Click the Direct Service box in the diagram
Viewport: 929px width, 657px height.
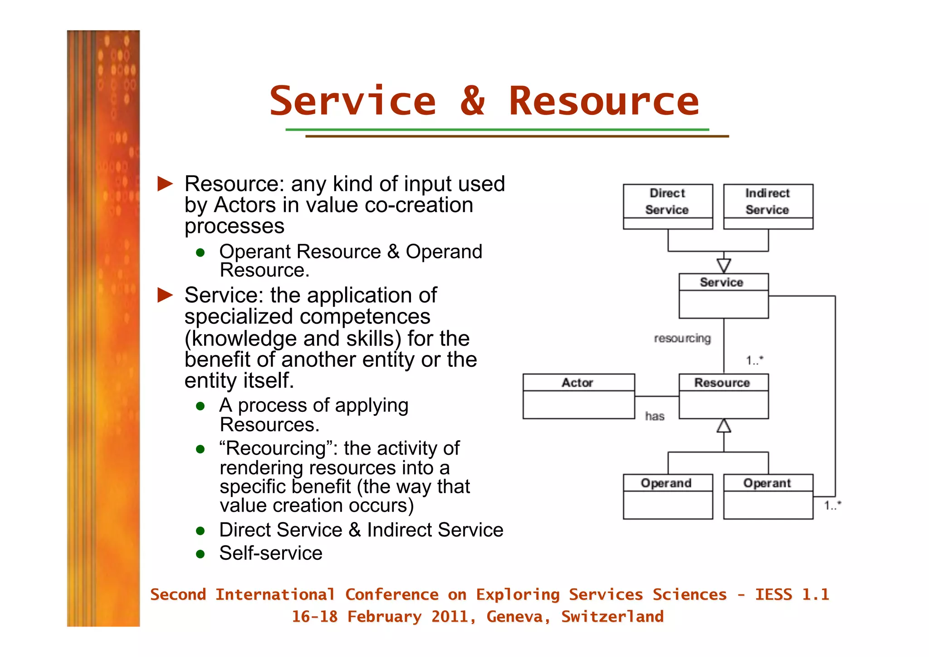pos(667,206)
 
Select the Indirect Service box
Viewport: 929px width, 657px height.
pos(768,206)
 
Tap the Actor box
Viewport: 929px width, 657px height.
pos(578,395)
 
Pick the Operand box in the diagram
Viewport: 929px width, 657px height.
pos(667,496)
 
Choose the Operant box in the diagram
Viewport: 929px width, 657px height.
pos(768,496)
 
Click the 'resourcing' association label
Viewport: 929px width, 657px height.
pos(682,338)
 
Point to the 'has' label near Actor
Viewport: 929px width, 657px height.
pos(655,416)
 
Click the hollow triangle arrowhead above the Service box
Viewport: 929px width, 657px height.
pos(724,265)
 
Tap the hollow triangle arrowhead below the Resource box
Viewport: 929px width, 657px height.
pos(724,426)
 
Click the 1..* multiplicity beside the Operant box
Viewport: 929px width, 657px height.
pos(832,505)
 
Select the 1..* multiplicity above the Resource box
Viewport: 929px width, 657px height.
pos(755,360)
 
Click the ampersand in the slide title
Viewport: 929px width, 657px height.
pos(472,100)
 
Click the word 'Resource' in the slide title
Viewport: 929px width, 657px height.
pos(604,101)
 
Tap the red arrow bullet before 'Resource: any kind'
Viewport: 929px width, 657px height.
pos(165,184)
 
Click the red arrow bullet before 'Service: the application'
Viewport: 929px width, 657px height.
pos(165,295)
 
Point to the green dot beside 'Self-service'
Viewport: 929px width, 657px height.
pos(200,554)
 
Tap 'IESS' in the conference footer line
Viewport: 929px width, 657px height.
pos(773,594)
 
